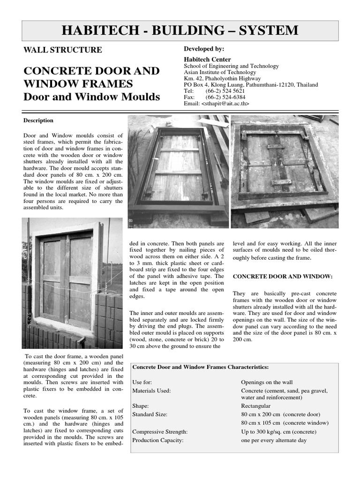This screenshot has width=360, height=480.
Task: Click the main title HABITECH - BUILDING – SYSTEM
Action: (180, 30)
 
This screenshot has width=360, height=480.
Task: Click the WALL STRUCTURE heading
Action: (63, 50)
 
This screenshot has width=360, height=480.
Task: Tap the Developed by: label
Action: (204, 49)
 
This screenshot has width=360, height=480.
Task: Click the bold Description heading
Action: (38, 120)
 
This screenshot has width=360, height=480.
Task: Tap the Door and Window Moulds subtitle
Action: (91, 97)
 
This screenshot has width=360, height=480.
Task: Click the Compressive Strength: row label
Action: (160, 432)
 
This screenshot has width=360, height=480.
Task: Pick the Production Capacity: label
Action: (158, 440)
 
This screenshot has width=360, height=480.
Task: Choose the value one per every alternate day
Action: (273, 440)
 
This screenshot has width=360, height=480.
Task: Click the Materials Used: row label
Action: (151, 390)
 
